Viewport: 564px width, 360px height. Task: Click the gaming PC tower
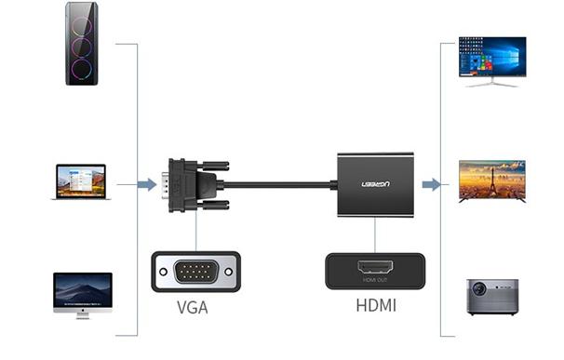tap(82, 44)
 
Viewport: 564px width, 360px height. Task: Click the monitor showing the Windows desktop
tap(491, 58)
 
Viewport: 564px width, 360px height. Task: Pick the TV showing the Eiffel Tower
tap(491, 179)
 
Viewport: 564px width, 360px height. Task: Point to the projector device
tap(491, 296)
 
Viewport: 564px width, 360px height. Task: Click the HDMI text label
tap(375, 304)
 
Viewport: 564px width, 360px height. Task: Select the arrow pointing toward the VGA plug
tap(147, 184)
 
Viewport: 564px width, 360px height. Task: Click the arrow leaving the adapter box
tap(431, 184)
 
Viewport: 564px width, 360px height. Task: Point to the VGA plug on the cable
tap(193, 184)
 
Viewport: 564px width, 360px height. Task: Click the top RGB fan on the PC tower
tap(82, 20)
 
